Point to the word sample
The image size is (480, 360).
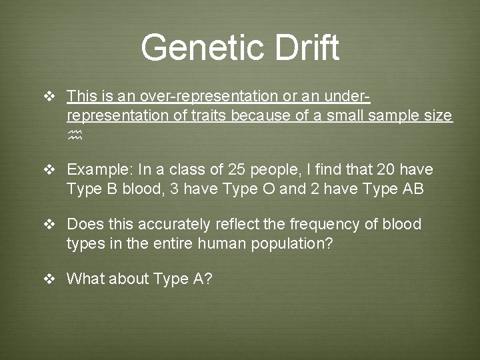(383, 115)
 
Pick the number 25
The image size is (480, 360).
(236, 169)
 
